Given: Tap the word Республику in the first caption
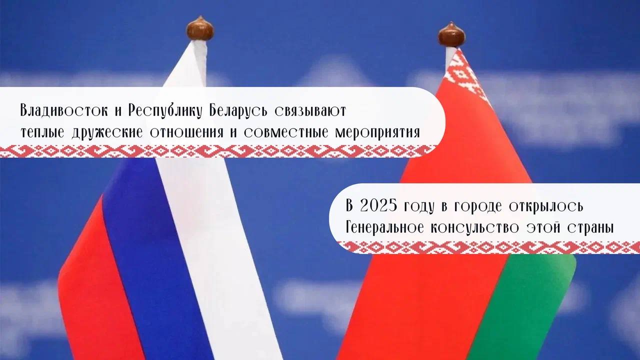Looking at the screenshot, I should coord(159,111).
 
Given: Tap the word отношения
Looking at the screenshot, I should coord(183,133).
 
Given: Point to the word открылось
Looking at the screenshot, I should coord(544,206).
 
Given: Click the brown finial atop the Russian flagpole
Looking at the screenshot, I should coord(200,28).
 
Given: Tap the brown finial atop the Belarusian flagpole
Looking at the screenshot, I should coord(451,34).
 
